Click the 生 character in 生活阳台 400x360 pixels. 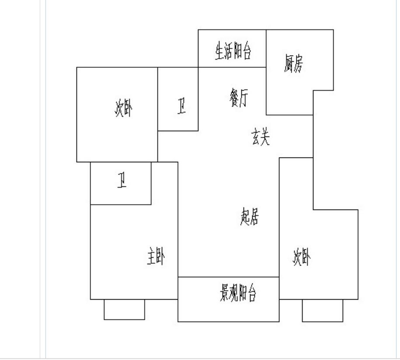pyautogui.click(x=219, y=51)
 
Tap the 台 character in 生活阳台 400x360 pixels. pyautogui.click(x=247, y=51)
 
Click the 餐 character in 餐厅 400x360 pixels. pyautogui.click(x=234, y=98)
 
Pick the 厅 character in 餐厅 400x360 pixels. pyautogui.click(x=243, y=98)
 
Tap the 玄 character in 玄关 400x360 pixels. pyautogui.click(x=256, y=138)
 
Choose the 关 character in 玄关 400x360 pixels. pyautogui.click(x=265, y=138)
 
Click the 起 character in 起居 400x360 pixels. pyautogui.click(x=245, y=217)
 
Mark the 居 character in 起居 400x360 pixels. pyautogui.click(x=254, y=217)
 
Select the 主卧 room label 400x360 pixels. pyautogui.click(x=156, y=256)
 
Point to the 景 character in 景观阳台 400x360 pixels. pyautogui.click(x=225, y=293)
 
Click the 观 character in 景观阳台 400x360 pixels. pyautogui.click(x=234, y=293)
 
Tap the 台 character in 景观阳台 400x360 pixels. pyautogui.click(x=251, y=293)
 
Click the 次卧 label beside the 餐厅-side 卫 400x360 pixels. pyautogui.click(x=123, y=108)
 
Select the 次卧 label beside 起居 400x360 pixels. pyautogui.click(x=302, y=257)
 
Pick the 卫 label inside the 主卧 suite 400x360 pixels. pyautogui.click(x=122, y=180)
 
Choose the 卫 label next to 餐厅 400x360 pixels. pyautogui.click(x=181, y=106)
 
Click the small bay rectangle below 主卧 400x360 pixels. pyautogui.click(x=124, y=309)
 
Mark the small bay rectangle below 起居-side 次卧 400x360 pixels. pyautogui.click(x=323, y=311)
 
